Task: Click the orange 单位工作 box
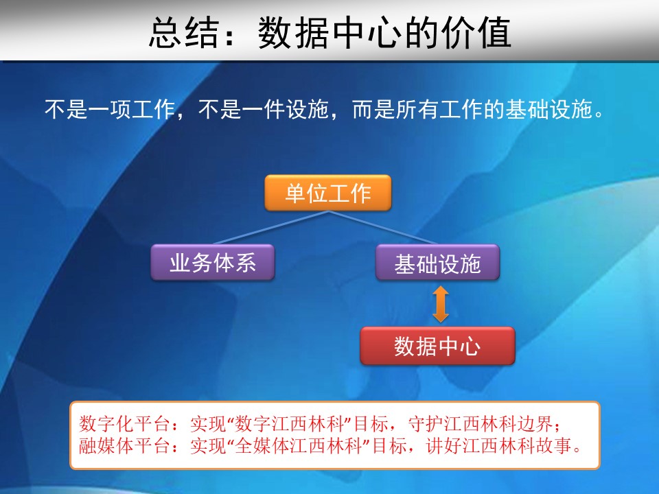click(x=328, y=193)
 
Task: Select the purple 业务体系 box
click(x=213, y=262)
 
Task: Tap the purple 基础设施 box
click(x=437, y=262)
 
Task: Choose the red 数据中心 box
click(x=437, y=346)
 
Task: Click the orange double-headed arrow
click(x=441, y=304)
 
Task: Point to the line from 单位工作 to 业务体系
click(x=271, y=227)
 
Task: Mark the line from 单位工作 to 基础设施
click(x=383, y=227)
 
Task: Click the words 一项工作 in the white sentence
click(x=132, y=109)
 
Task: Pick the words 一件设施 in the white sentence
click(x=285, y=109)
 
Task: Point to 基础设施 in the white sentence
click(x=548, y=109)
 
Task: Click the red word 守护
click(x=426, y=424)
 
